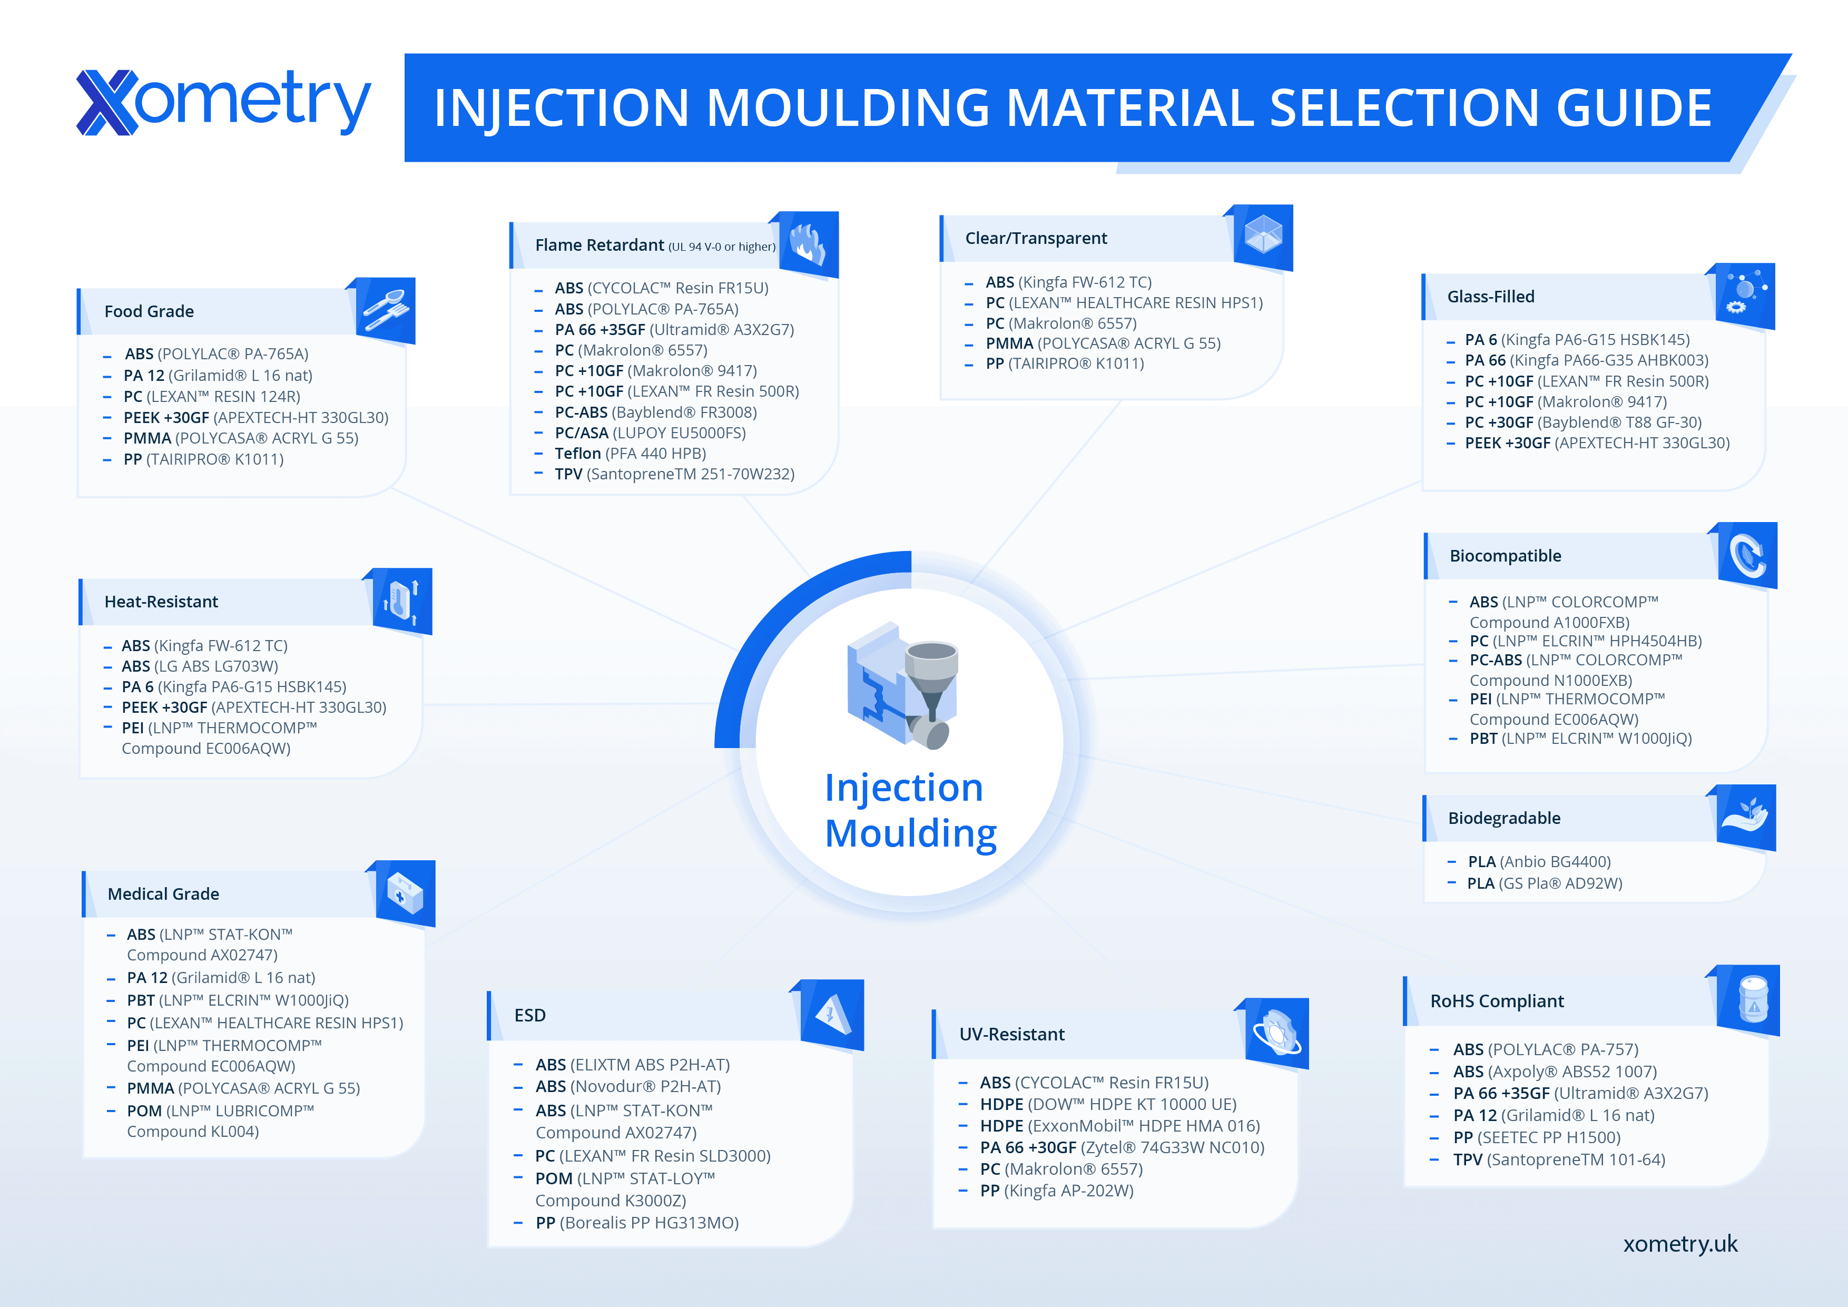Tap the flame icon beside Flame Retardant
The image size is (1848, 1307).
pos(805,244)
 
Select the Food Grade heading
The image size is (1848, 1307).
pos(149,311)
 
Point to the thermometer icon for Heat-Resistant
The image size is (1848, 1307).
pos(401,601)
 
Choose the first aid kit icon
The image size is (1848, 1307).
pos(405,893)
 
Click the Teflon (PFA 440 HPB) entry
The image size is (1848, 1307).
pos(630,453)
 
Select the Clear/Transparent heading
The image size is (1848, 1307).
pos(1036,238)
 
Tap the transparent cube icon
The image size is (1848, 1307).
pos(1263,235)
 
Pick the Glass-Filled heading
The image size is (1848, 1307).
pos(1491,297)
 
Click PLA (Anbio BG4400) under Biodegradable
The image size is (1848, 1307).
pos(1539,862)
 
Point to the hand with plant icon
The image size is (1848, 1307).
pos(1745,817)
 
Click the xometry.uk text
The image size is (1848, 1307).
pos(1680,1244)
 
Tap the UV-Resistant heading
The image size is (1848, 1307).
pos(1012,1034)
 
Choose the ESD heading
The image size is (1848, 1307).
pos(529,1016)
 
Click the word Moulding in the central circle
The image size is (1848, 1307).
pos(910,834)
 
